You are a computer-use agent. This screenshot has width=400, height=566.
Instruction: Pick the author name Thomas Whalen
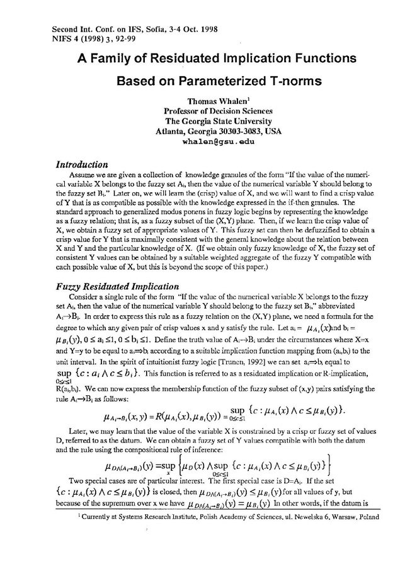(x=209, y=101)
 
